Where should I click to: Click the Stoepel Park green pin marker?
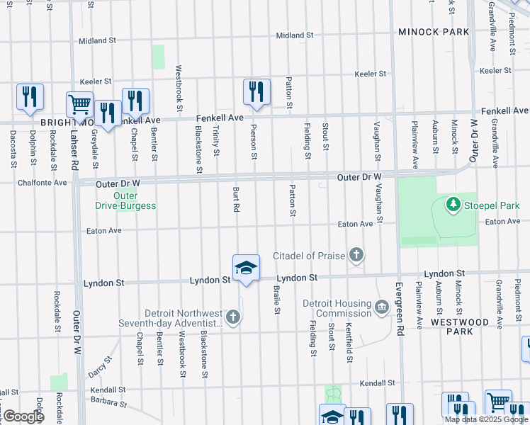coord(453,205)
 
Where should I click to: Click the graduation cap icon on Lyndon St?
coord(246,268)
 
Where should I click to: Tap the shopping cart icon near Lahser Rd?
coord(79,104)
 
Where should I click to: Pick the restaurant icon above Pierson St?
coord(256,91)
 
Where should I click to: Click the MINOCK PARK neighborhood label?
coord(434,32)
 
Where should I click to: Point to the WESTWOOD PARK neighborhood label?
coord(458,327)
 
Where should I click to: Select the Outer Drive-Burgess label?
coord(125,200)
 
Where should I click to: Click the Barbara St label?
coord(108,403)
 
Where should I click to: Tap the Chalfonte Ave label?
coord(42,183)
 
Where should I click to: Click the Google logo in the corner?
coord(23,416)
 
